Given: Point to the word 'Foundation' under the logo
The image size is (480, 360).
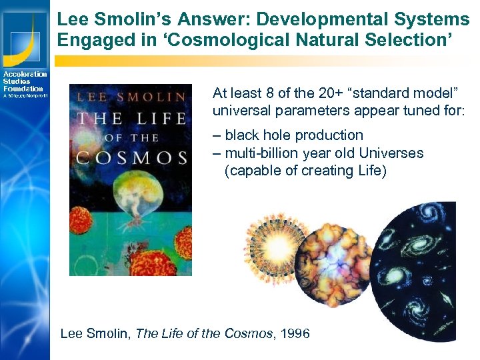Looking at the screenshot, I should point(23,89).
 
